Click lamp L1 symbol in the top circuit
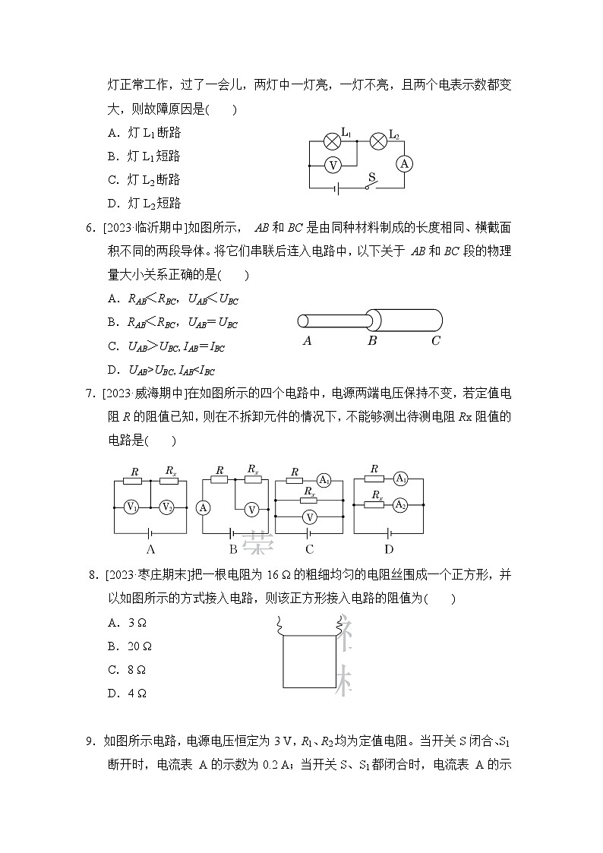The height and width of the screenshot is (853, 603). (332, 141)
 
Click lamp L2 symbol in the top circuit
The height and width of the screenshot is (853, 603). (377, 141)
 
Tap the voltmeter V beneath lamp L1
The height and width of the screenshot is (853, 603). (332, 164)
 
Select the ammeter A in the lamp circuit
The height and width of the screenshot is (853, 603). (405, 164)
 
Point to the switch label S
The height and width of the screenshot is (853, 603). (371, 177)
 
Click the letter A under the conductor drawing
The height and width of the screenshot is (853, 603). (307, 341)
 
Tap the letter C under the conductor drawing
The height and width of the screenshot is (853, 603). (435, 341)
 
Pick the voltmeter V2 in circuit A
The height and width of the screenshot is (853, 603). (167, 507)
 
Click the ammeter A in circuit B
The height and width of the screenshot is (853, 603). (203, 508)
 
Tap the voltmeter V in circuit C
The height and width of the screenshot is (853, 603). (308, 517)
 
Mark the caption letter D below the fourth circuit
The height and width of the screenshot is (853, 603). (389, 549)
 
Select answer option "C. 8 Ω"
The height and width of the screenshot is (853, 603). (127, 669)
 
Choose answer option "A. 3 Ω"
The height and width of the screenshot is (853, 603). (127, 622)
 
